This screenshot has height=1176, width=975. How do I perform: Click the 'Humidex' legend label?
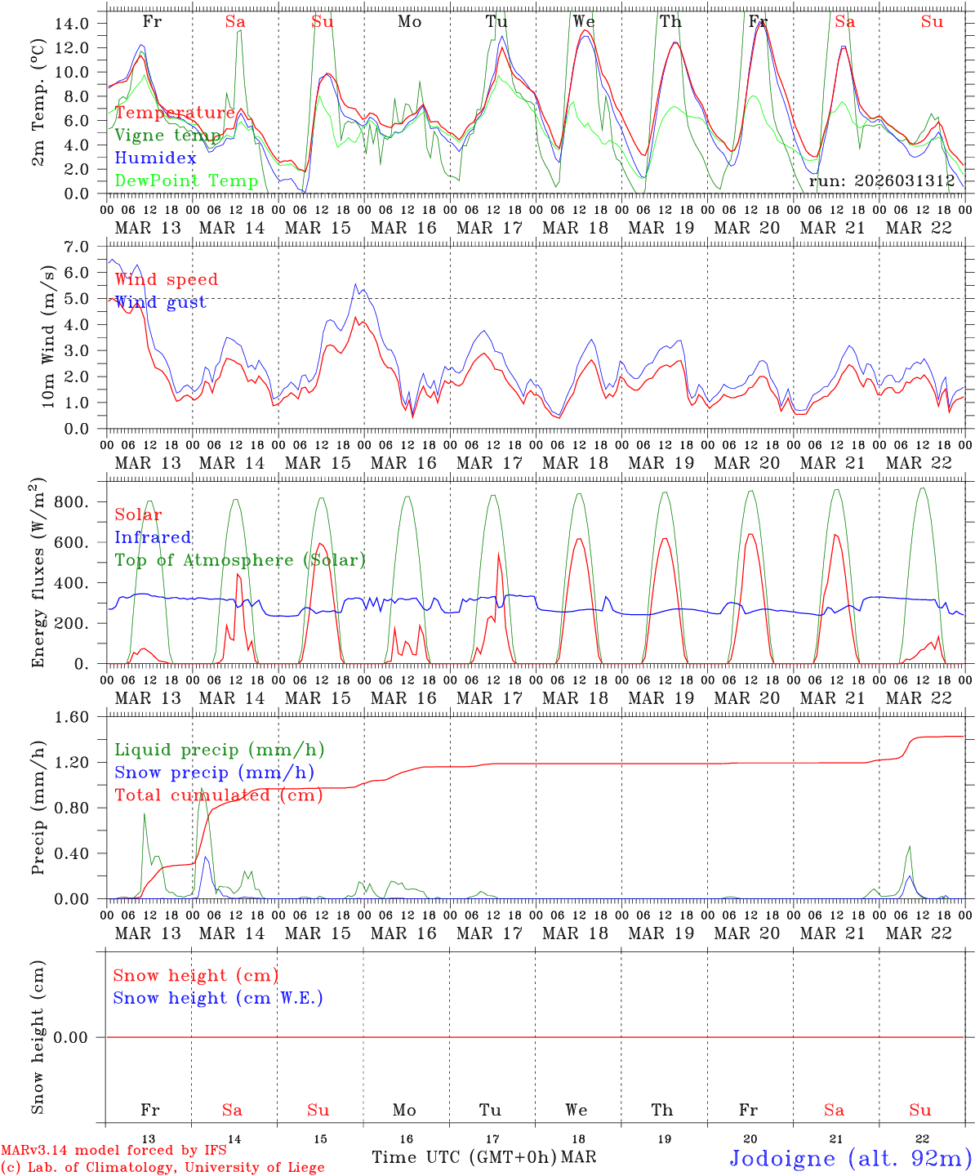[x=155, y=158]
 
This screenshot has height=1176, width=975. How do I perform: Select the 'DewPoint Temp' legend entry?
[x=186, y=181]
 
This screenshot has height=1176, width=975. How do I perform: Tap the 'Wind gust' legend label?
[x=160, y=302]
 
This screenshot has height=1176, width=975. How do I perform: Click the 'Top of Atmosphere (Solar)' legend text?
[x=240, y=560]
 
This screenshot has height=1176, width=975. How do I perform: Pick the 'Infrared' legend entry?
[x=153, y=537]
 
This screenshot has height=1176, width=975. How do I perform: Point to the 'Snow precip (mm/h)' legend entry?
[x=214, y=773]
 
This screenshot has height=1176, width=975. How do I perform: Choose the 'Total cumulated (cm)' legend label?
[x=219, y=795]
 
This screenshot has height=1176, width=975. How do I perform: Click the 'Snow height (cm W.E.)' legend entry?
[x=218, y=998]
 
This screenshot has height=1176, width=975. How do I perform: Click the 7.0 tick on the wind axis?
[x=80, y=247]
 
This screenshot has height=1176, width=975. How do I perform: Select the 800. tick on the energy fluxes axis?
[x=70, y=502]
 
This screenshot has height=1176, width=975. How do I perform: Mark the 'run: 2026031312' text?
[x=882, y=181]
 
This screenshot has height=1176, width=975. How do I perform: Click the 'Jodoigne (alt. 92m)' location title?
[x=850, y=1158]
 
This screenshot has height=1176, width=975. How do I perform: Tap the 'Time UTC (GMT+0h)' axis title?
[x=464, y=1158]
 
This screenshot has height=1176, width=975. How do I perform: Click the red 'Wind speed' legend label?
[x=167, y=279]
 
